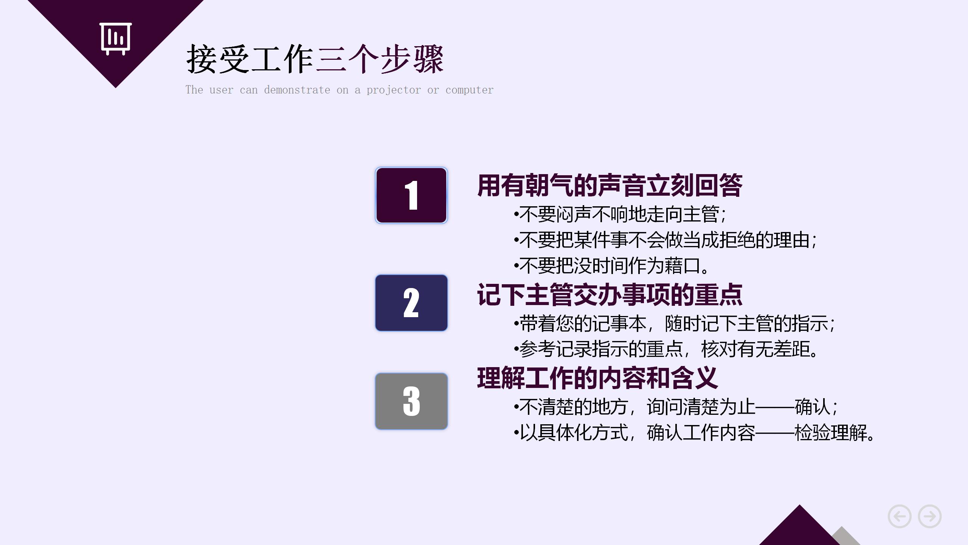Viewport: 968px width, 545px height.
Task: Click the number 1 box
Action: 411,195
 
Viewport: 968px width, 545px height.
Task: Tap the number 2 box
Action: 411,303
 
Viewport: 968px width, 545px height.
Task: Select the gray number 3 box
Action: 411,401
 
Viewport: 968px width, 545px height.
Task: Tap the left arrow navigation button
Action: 900,516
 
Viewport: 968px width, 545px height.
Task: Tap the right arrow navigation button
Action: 930,516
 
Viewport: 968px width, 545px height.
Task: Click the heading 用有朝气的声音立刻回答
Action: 610,185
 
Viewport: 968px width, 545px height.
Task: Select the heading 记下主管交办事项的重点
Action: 610,295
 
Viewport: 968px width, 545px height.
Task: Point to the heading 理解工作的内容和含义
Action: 597,378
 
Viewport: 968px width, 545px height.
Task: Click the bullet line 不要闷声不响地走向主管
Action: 620,214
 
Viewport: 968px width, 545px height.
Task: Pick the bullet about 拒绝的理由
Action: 665,240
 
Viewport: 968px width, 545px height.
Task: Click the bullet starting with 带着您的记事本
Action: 675,324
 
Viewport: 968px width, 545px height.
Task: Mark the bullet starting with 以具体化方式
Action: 694,433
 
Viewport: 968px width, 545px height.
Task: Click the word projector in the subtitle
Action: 393,90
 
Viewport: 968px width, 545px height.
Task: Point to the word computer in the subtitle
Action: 469,90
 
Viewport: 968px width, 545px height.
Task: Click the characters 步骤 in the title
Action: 412,59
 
